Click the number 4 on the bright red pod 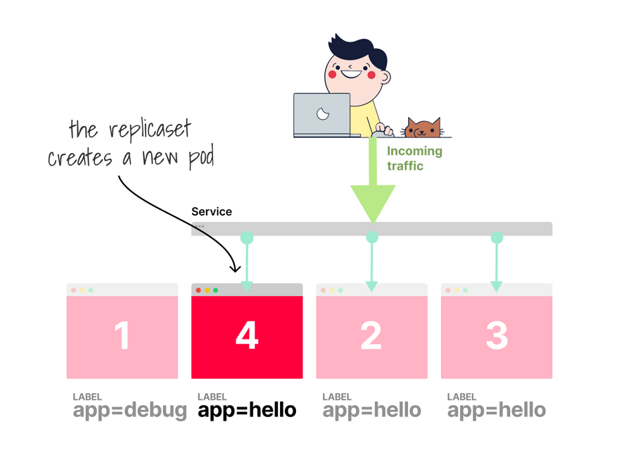246,336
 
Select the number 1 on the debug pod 122,336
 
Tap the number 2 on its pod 371,336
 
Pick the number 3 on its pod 496,336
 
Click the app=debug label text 130,410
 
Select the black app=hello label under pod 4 247,410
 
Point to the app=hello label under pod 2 371,410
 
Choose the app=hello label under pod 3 497,410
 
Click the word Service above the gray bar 212,211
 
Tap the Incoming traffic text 414,159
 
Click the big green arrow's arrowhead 373,204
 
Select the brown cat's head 422,129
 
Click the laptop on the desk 322,115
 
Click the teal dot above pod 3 497,238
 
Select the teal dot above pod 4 246,238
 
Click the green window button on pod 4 216,290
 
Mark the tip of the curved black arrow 236,271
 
